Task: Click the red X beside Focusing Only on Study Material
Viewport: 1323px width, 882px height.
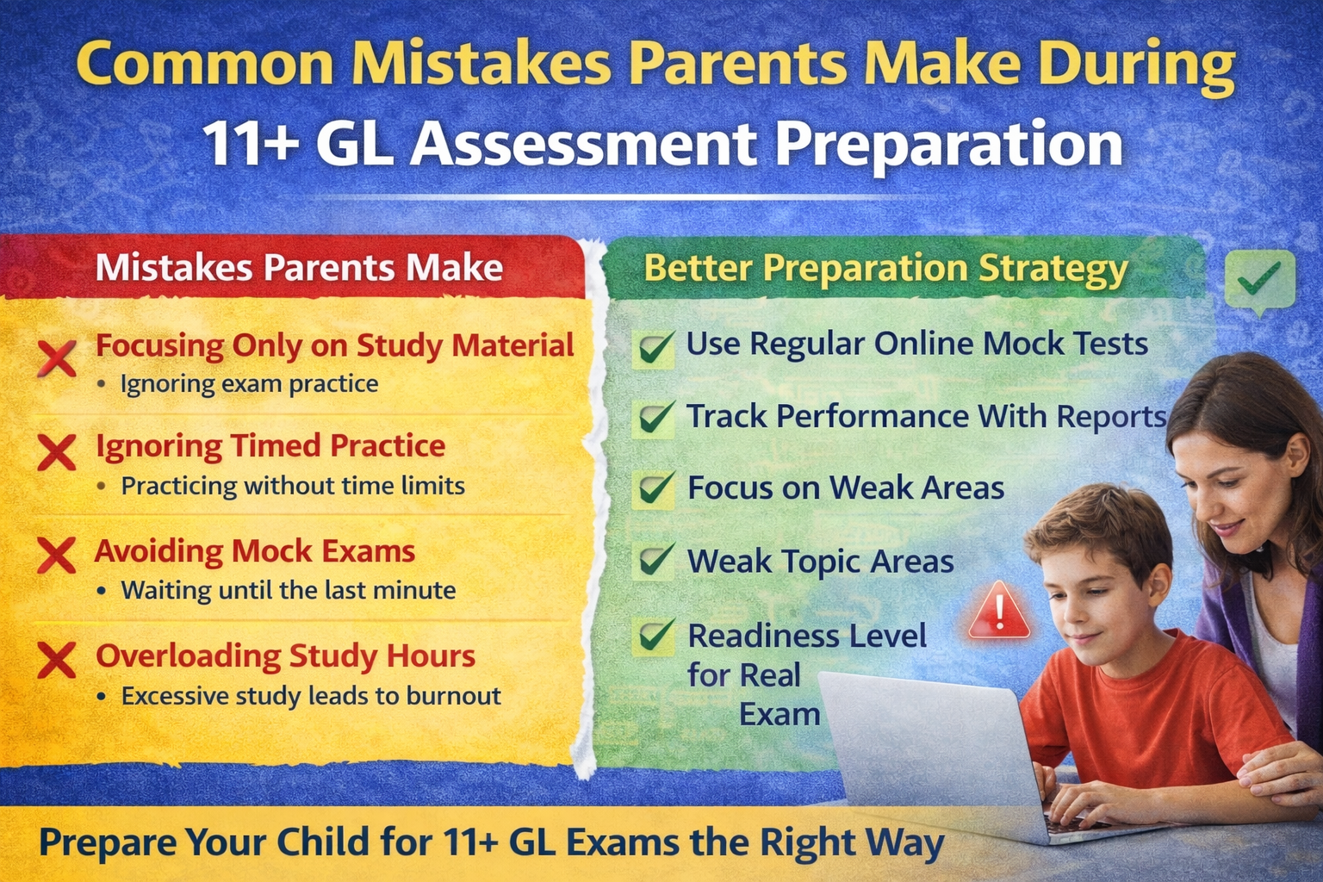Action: point(58,357)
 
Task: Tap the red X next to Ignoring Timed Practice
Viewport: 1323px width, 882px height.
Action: point(57,452)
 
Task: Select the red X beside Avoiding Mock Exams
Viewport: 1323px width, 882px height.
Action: point(57,556)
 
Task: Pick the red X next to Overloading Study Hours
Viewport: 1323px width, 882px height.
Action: point(57,661)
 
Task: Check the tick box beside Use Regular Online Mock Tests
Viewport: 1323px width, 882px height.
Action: point(655,348)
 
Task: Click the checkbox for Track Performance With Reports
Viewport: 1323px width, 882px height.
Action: point(655,419)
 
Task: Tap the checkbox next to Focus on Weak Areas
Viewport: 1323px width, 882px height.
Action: point(655,488)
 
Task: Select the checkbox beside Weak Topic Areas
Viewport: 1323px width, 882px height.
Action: point(655,561)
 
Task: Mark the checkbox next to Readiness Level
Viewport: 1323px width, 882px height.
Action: point(655,637)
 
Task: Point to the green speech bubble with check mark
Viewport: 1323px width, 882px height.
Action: point(1259,280)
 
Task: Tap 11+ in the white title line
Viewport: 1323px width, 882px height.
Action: point(251,143)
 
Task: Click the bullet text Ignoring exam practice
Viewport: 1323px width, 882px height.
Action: point(249,384)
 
